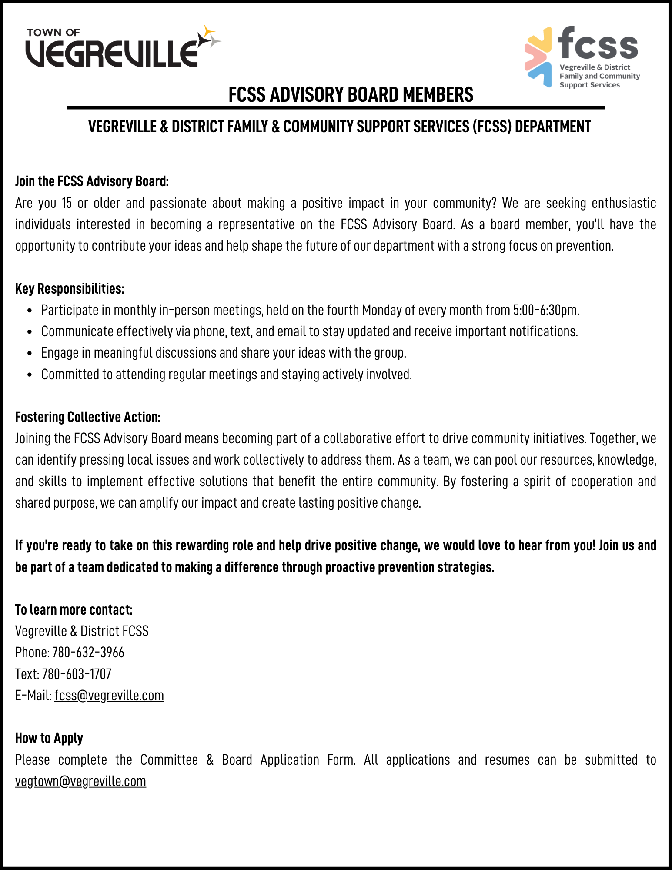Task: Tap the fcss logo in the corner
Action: (x=582, y=57)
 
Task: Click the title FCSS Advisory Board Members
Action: (x=351, y=94)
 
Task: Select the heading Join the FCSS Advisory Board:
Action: (x=92, y=181)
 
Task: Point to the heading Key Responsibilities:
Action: (x=70, y=288)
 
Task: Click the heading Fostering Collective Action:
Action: (x=88, y=417)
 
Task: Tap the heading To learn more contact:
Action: (x=74, y=609)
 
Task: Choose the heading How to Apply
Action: (x=49, y=738)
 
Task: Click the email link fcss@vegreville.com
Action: (x=109, y=695)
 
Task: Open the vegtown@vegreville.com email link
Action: (x=80, y=781)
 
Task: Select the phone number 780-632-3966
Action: (x=88, y=652)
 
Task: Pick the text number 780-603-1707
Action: (x=77, y=674)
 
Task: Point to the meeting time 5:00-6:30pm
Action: (x=546, y=310)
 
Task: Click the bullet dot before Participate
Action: (x=30, y=311)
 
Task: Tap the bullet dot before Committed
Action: (x=30, y=375)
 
